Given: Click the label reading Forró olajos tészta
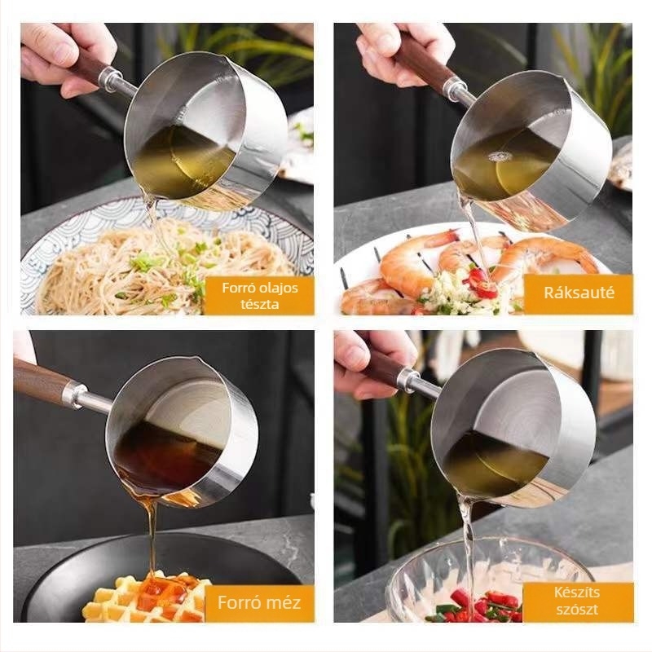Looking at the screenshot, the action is pyautogui.click(x=259, y=296).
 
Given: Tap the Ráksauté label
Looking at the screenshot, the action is pyautogui.click(x=579, y=293).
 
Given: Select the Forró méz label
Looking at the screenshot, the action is pyautogui.click(x=259, y=602).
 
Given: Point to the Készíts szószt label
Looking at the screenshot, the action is pyautogui.click(x=577, y=601).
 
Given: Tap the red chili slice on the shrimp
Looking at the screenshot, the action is pyautogui.click(x=482, y=283).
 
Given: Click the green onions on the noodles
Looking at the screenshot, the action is pyautogui.click(x=174, y=271).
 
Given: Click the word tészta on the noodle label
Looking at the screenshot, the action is pyautogui.click(x=259, y=304).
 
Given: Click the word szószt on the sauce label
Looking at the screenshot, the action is pyautogui.click(x=577, y=609).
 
